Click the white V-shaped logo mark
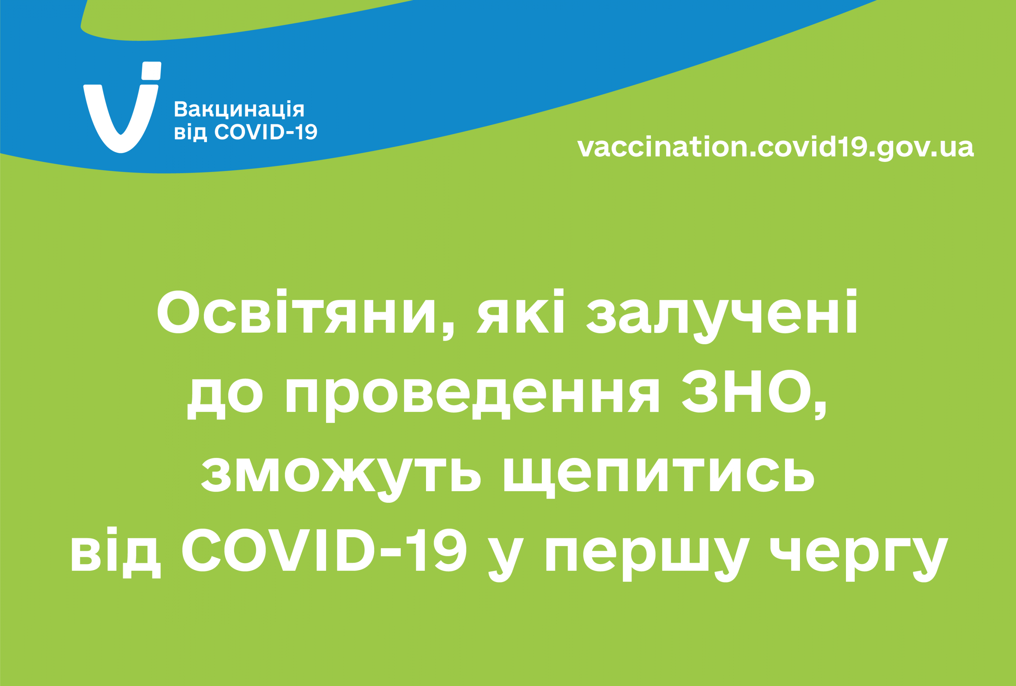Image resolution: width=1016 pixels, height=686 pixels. point(121,131)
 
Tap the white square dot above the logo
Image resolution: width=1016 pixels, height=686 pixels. point(151,71)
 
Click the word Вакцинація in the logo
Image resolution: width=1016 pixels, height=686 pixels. point(239,109)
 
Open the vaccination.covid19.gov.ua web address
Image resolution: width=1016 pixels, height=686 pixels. point(775,147)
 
